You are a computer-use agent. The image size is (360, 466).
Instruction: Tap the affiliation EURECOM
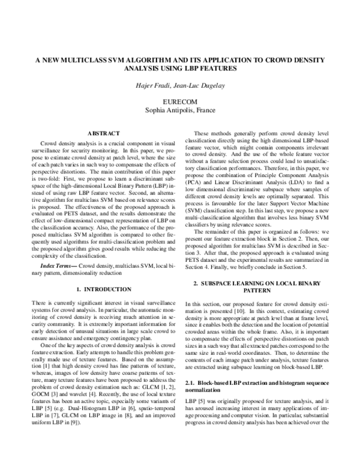(x=180, y=102)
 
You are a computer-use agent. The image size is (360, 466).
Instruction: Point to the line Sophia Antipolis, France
(x=180, y=110)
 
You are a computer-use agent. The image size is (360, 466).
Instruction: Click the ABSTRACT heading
(x=104, y=133)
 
